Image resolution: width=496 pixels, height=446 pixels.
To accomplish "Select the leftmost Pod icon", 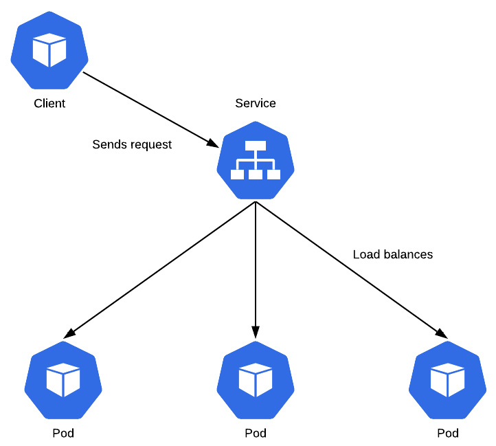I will pyautogui.click(x=63, y=380).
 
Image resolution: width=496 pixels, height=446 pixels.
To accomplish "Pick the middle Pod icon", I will pyautogui.click(x=256, y=380).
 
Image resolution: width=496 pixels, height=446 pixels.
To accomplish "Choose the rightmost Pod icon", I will pyautogui.click(x=447, y=380).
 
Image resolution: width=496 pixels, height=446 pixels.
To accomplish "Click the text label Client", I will pyautogui.click(x=49, y=104).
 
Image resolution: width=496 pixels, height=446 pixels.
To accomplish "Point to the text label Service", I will pyautogui.click(x=256, y=103).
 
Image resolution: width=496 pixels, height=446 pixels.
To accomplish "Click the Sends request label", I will pyautogui.click(x=132, y=144).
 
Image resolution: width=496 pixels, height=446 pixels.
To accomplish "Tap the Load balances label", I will pyautogui.click(x=393, y=254).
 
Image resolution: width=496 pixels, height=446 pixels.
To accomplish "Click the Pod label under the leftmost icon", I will pyautogui.click(x=63, y=434).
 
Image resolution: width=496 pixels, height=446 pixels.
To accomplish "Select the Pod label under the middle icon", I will pyautogui.click(x=256, y=434).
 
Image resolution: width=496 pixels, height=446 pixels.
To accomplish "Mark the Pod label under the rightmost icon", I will pyautogui.click(x=447, y=434).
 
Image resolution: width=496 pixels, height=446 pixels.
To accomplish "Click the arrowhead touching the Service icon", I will pyautogui.click(x=213, y=143).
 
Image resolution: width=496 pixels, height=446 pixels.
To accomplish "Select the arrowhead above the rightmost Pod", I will pyautogui.click(x=442, y=334).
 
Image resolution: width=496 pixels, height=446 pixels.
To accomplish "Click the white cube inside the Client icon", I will pyautogui.click(x=49, y=51).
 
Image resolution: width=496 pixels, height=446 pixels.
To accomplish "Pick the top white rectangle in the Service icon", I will pyautogui.click(x=256, y=145).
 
